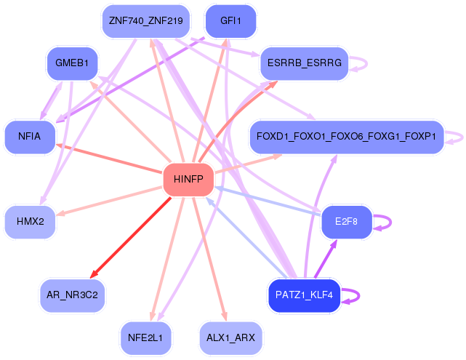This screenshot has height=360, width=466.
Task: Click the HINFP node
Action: coord(188,180)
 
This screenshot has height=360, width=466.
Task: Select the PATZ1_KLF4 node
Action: coord(305,295)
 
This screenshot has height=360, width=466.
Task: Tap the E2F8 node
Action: coord(347,221)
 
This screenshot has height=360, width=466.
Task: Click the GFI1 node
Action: coord(230,21)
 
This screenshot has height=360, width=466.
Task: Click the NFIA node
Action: coord(30,136)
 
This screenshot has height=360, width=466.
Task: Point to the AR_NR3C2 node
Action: coord(73,295)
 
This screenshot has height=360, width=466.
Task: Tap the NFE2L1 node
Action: coord(145,337)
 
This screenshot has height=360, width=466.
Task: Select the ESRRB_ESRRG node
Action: coord(304,64)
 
